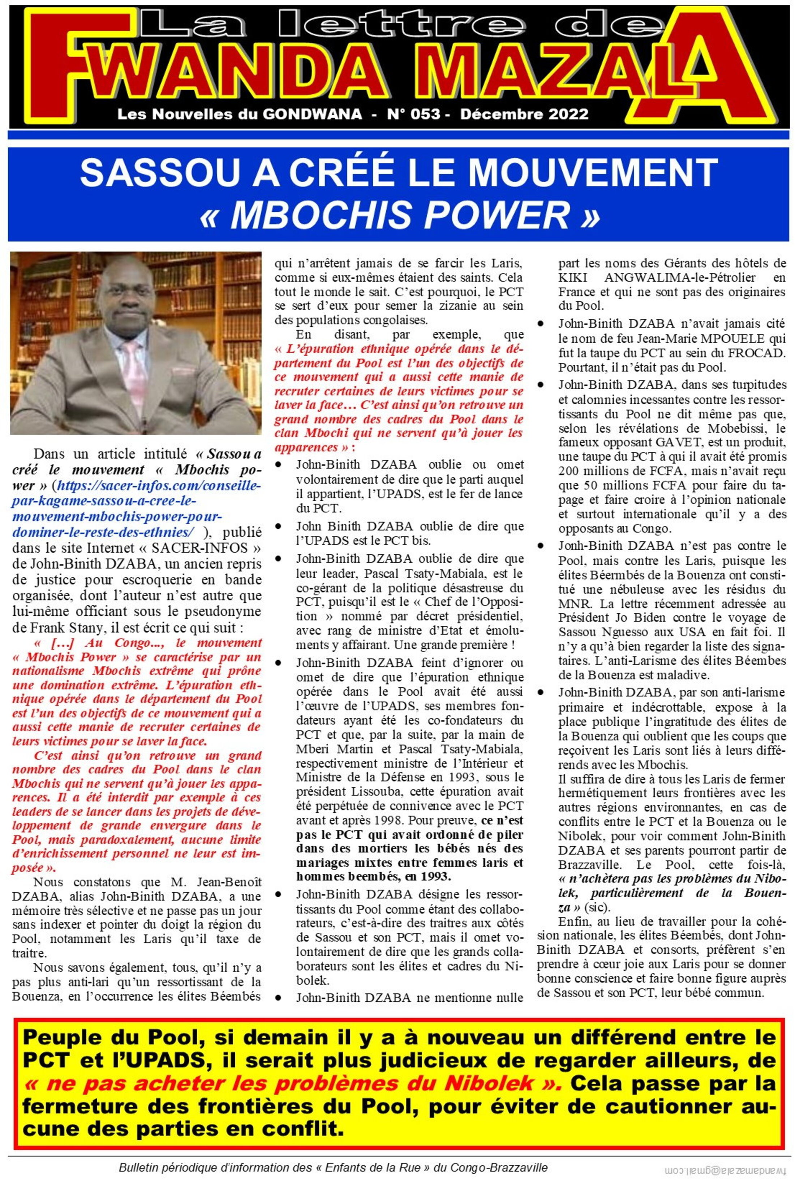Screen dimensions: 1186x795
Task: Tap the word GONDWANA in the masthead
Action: (x=312, y=114)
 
